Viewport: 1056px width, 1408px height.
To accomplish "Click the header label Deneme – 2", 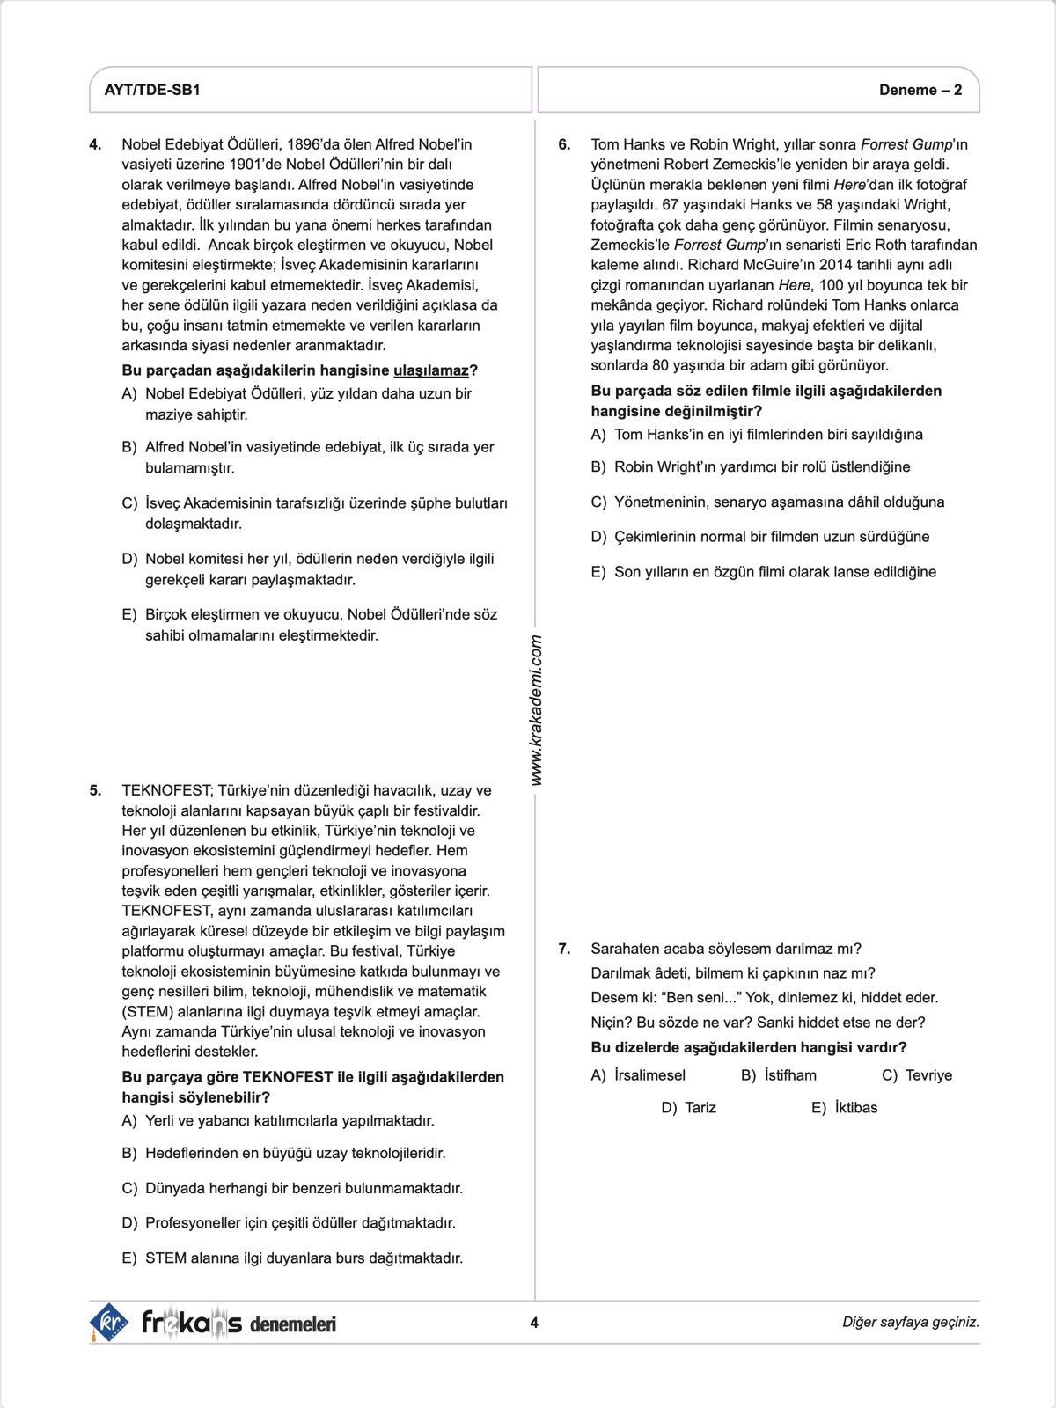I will (920, 90).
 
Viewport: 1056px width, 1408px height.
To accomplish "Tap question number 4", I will (96, 144).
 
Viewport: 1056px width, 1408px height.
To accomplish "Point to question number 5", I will (96, 790).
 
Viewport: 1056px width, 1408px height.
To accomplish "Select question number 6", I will (565, 144).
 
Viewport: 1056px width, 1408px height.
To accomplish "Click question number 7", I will (565, 949).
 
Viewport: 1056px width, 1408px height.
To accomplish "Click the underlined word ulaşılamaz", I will (431, 370).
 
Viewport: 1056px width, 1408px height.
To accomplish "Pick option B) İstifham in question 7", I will (779, 1075).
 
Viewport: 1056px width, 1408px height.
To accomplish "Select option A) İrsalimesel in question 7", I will (638, 1075).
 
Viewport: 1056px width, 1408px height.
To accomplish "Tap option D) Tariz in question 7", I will (689, 1108).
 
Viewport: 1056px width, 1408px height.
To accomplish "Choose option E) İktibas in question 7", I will (845, 1108).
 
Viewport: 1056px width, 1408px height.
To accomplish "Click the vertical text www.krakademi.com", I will (537, 711).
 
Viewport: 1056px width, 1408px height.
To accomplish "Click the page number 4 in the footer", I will (534, 1322).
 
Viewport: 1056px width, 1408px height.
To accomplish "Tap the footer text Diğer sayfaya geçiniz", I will (910, 1322).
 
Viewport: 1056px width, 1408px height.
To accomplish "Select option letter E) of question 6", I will (598, 572).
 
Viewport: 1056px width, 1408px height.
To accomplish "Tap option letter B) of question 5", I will (129, 1153).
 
